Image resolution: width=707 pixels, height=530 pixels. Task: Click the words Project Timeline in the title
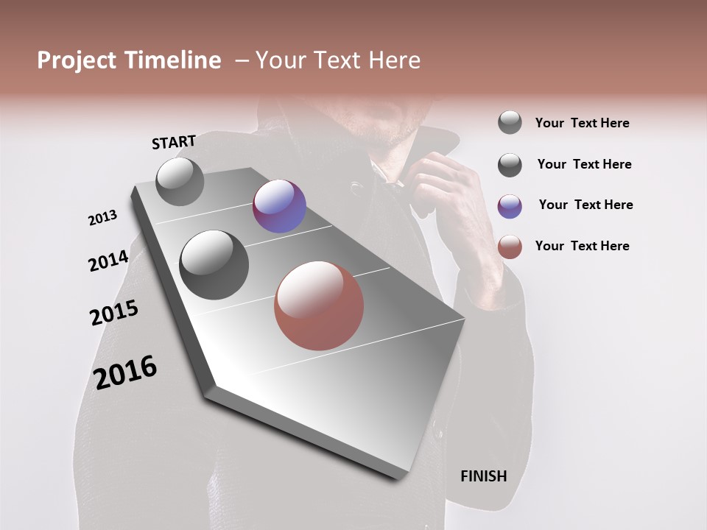click(129, 60)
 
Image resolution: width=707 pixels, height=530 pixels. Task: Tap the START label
click(174, 142)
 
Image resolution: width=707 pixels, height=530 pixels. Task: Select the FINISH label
click(483, 476)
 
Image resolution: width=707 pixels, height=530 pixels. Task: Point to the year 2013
click(102, 218)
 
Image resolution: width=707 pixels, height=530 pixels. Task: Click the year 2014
click(108, 261)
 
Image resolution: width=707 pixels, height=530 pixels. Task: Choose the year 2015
click(114, 313)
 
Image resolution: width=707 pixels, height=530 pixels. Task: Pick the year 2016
click(125, 372)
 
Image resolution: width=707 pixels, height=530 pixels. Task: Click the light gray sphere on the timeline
click(180, 181)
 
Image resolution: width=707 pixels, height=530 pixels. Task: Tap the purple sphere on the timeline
click(279, 206)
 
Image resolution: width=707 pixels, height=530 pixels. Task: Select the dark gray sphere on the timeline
click(214, 265)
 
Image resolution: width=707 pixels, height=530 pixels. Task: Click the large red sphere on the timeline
click(319, 305)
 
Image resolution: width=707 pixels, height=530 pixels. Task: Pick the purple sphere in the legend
click(510, 206)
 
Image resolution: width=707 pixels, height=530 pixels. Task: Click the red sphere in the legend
click(510, 247)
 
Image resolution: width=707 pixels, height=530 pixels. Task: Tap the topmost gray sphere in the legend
click(510, 123)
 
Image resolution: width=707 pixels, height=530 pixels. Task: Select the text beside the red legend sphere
click(582, 246)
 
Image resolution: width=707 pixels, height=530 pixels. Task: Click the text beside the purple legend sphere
click(585, 205)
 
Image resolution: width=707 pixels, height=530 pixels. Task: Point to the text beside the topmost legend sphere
click(582, 123)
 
